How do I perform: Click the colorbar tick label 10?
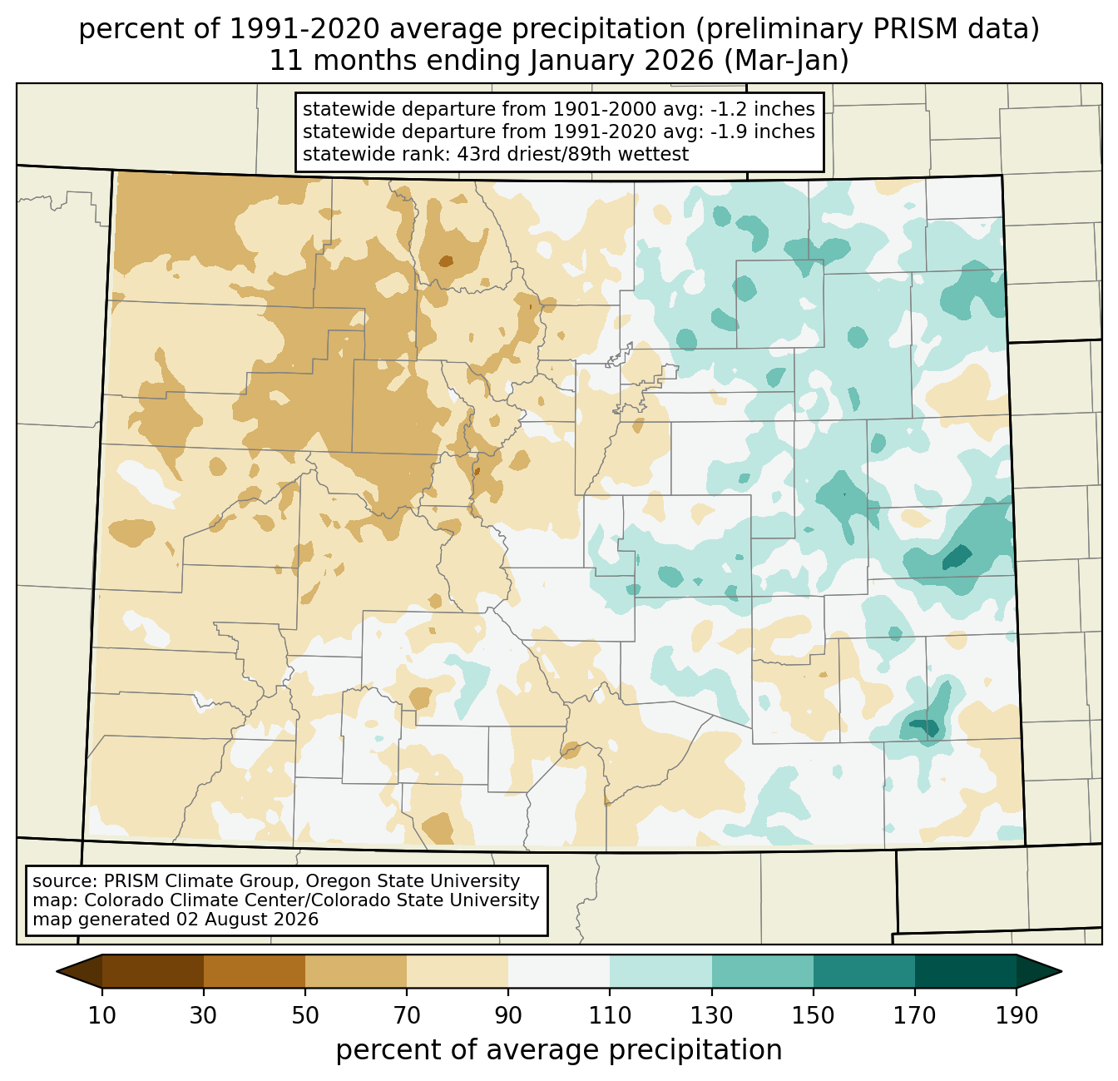click(101, 1016)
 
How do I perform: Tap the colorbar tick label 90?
click(508, 1016)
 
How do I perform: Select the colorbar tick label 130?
click(711, 1016)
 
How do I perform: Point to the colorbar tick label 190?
click(1017, 1016)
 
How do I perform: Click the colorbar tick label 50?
click(305, 1016)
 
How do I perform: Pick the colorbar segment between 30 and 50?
click(255, 972)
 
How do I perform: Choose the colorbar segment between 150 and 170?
click(864, 972)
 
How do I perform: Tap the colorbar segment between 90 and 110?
click(559, 972)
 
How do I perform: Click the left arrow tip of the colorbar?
click(57, 972)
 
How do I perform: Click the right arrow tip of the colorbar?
click(1061, 972)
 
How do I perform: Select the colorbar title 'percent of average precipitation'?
click(559, 1050)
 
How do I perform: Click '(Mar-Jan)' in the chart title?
click(786, 61)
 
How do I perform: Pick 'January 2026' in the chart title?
click(621, 61)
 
